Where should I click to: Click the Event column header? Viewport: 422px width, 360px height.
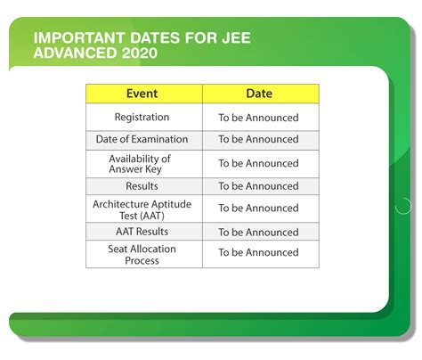(x=142, y=94)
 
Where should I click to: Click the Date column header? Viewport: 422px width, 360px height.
(x=259, y=94)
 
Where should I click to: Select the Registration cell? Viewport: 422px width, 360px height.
(x=142, y=117)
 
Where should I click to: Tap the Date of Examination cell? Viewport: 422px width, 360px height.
(x=142, y=139)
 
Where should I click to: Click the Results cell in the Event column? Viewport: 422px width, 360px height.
(x=142, y=185)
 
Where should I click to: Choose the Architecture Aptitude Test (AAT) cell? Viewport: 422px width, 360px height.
(x=142, y=209)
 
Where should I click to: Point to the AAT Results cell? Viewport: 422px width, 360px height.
(x=142, y=231)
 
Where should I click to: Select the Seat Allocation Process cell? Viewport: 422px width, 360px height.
(x=142, y=254)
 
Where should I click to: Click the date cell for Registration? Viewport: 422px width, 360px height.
(x=259, y=117)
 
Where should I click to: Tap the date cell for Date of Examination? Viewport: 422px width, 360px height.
(x=259, y=139)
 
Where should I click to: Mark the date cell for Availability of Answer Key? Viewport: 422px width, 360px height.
(x=259, y=163)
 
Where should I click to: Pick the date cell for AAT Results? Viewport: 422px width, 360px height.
(x=259, y=231)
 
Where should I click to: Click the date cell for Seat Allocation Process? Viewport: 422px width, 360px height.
(x=259, y=254)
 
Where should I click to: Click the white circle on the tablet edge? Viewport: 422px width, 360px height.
(x=403, y=206)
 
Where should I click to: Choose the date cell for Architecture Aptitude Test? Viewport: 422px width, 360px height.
(x=259, y=209)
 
